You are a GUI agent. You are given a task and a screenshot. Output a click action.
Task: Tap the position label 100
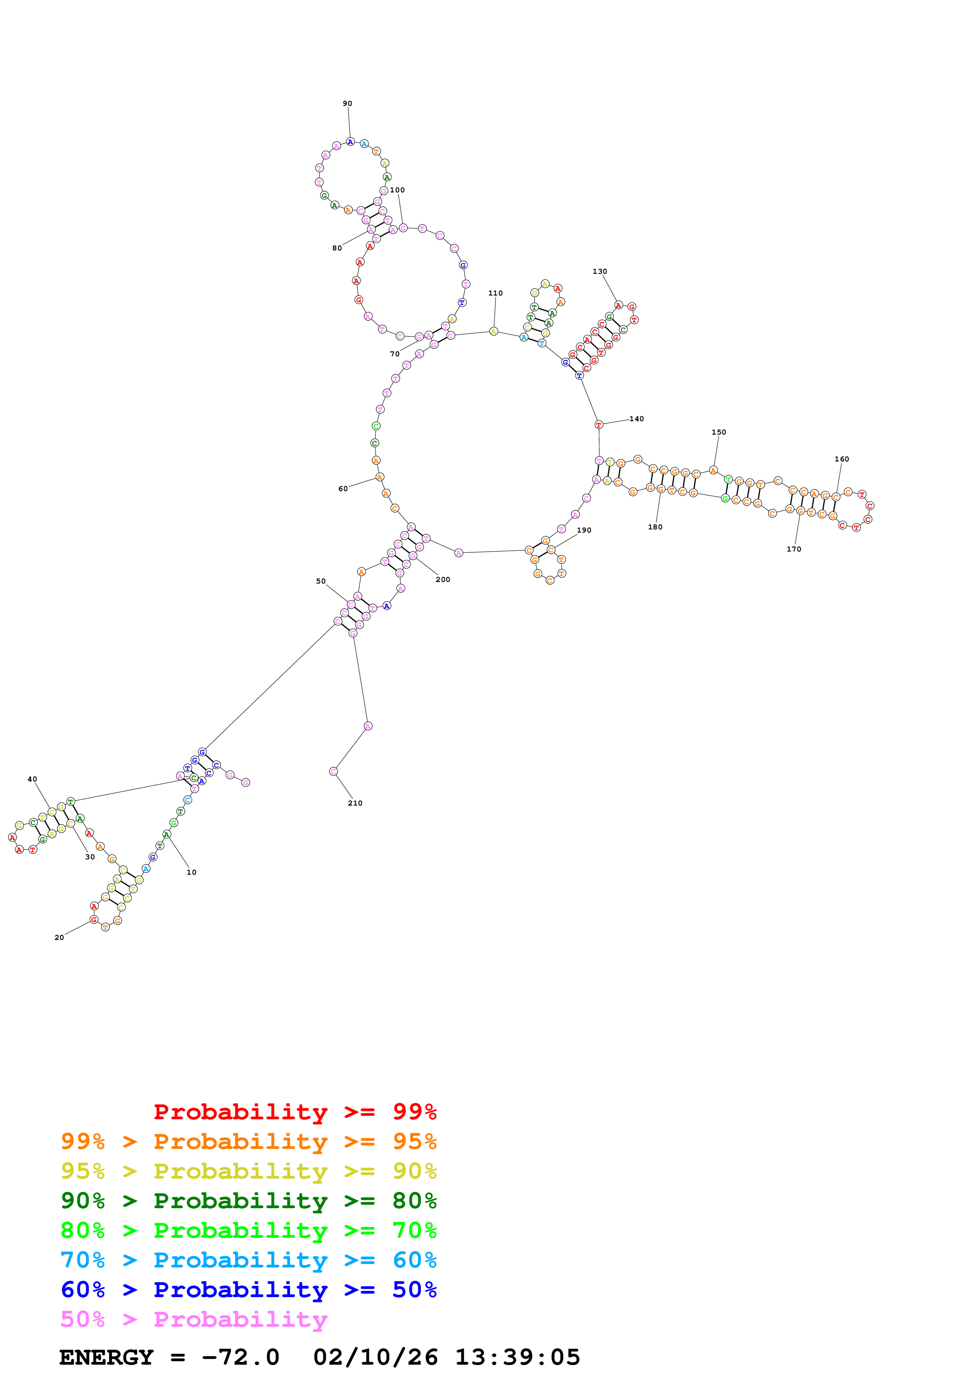(397, 190)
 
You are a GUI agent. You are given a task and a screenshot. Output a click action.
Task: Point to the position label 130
(600, 272)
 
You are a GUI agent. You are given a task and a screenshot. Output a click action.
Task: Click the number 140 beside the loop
(636, 419)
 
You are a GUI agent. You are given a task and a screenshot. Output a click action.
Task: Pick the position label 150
(719, 432)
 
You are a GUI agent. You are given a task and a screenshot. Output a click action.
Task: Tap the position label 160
(842, 459)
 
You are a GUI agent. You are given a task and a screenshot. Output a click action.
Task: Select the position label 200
(443, 580)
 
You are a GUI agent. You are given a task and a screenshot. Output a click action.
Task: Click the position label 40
(32, 779)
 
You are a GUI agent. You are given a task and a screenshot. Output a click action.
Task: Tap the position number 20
(59, 938)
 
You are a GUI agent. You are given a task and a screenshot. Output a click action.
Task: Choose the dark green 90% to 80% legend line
(248, 1201)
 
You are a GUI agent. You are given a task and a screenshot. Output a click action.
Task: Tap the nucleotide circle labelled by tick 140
(599, 425)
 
